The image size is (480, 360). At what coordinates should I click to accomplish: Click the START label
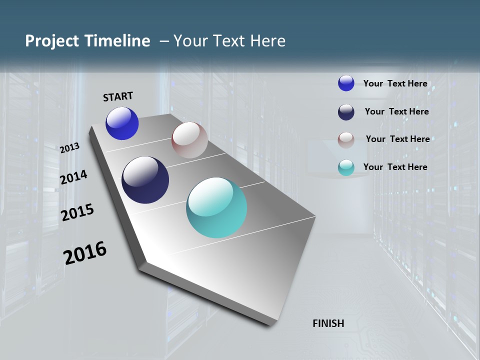pos(118,96)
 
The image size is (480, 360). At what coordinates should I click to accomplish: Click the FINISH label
pos(328,323)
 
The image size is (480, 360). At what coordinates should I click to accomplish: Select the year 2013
pos(69,148)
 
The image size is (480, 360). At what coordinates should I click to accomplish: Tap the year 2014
pos(73,177)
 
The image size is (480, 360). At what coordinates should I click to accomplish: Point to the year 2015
pos(77,212)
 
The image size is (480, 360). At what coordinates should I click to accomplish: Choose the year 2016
pos(85,253)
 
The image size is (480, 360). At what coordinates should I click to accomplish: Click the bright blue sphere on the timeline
pos(122,123)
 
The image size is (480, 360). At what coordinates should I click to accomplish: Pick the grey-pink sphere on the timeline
pos(189,140)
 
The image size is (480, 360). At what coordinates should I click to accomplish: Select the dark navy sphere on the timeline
pos(145,180)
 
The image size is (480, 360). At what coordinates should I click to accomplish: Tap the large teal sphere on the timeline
pos(216,207)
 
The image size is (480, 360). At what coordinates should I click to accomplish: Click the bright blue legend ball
pos(346,83)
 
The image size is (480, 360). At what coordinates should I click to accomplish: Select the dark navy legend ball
pos(346,112)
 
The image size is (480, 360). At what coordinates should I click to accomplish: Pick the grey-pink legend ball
pos(346,140)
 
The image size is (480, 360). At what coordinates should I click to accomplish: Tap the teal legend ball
pos(346,168)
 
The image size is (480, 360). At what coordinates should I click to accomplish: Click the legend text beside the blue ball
pos(395,83)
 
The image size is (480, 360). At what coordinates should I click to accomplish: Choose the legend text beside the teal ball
pos(395,167)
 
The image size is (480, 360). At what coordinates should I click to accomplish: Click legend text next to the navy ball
pos(396,111)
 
